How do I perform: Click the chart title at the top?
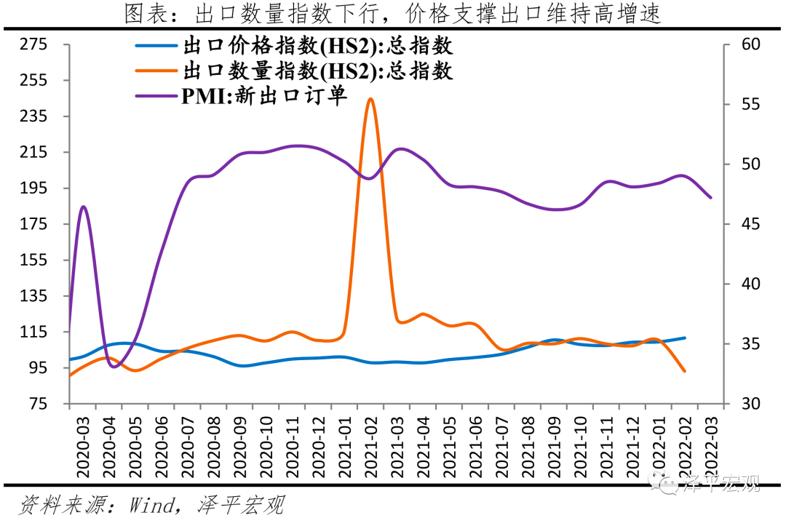tap(392, 14)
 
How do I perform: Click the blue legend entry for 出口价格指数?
tap(294, 46)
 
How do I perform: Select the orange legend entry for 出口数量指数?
tap(294, 71)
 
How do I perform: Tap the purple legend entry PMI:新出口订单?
tap(241, 95)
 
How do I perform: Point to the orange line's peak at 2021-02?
tap(370, 99)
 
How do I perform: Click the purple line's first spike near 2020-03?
tap(83, 207)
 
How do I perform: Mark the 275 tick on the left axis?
tap(33, 44)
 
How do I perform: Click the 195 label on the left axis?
tap(33, 188)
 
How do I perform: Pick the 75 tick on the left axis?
tap(38, 403)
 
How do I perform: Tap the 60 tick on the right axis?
tap(750, 44)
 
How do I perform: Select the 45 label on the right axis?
tap(750, 224)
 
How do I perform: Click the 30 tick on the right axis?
tap(750, 403)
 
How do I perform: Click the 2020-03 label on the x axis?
tap(83, 447)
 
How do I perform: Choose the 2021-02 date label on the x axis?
tap(370, 447)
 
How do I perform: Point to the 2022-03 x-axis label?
tap(711, 447)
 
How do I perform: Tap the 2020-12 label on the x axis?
tap(318, 447)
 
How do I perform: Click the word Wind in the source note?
tap(152, 505)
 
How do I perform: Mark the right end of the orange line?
tap(684, 371)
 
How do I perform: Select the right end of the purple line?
tap(710, 197)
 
